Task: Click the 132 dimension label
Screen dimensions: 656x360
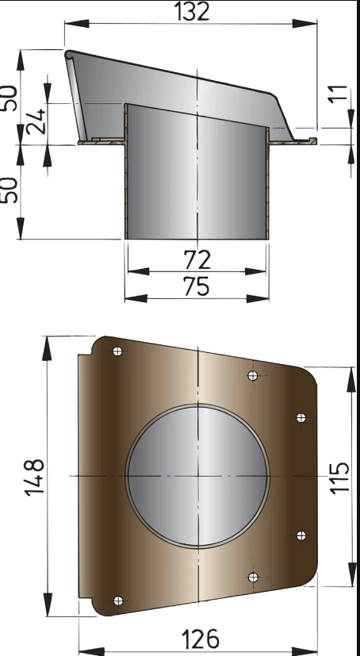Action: [190, 11]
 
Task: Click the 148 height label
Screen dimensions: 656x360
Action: [34, 476]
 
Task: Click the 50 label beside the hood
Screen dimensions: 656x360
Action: [10, 98]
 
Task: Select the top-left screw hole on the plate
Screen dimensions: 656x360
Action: [117, 351]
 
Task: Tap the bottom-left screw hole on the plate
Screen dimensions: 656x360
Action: [118, 600]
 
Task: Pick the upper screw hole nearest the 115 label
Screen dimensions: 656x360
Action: [301, 417]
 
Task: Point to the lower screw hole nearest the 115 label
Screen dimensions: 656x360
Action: [301, 535]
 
